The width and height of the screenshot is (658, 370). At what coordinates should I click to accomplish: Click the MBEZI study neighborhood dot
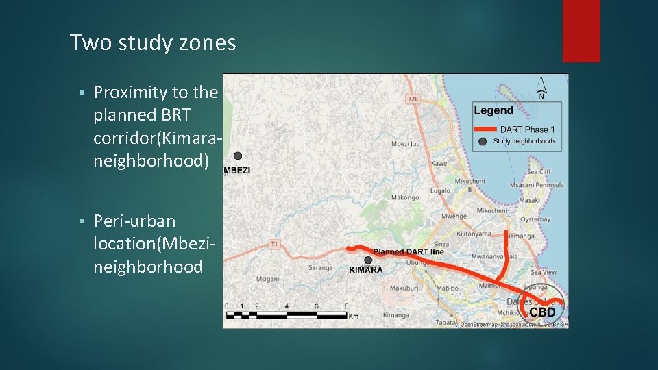(238, 156)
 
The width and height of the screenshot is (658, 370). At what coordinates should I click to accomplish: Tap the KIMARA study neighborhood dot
(369, 260)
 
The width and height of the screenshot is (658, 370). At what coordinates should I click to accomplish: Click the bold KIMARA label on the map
(366, 270)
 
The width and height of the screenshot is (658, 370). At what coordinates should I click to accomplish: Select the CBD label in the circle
(541, 312)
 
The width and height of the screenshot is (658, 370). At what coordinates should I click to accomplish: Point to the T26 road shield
(413, 99)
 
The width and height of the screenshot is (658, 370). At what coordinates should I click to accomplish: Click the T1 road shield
(275, 243)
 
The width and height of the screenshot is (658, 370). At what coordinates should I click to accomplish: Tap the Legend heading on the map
(493, 110)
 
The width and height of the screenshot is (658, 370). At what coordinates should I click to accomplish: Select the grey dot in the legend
(483, 141)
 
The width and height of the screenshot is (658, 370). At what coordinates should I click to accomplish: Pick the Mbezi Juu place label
(406, 144)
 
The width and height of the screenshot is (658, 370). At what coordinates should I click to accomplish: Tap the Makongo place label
(404, 197)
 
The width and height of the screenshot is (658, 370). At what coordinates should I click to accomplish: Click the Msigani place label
(267, 279)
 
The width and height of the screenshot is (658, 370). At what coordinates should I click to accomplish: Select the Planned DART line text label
(409, 251)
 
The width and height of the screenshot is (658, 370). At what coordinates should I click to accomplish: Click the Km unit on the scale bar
(353, 317)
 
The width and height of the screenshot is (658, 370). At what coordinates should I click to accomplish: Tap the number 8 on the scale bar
(347, 306)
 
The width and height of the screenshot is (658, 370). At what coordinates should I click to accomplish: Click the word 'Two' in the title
(86, 44)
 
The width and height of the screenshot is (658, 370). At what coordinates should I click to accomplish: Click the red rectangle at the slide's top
(581, 31)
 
